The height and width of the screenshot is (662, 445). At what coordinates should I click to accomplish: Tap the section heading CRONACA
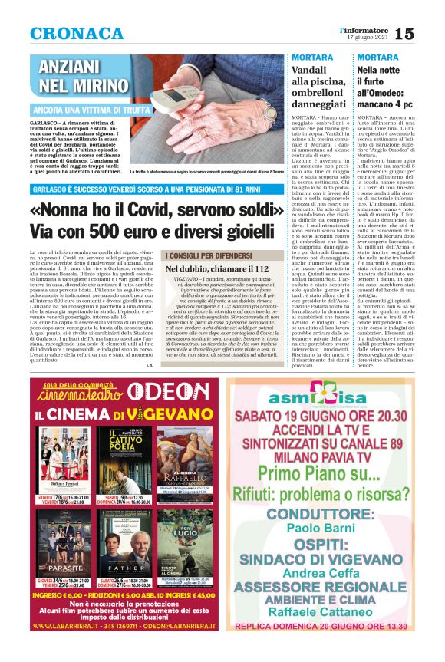77,34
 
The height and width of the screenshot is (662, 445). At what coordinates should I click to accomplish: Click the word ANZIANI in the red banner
74,66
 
